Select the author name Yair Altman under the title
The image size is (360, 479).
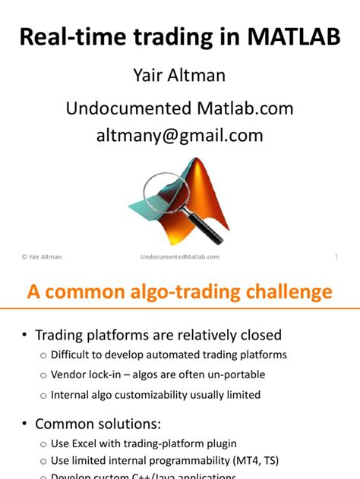179,78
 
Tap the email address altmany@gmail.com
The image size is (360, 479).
179,136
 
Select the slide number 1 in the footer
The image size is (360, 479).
336,257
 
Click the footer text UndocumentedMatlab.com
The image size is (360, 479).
180,257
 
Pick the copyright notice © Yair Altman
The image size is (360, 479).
42,257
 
